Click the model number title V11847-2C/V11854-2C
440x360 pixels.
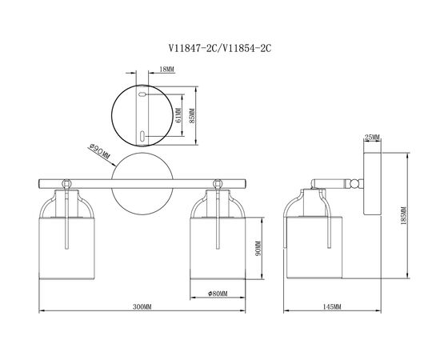[220, 49]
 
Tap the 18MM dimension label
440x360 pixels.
[166, 69]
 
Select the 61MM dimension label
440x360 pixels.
[178, 116]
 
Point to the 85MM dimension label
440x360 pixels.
[192, 116]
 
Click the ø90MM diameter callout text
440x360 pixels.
[99, 151]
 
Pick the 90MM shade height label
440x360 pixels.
[258, 248]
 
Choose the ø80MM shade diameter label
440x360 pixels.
[218, 294]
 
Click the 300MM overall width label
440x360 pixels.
[142, 306]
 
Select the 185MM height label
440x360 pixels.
[403, 215]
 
